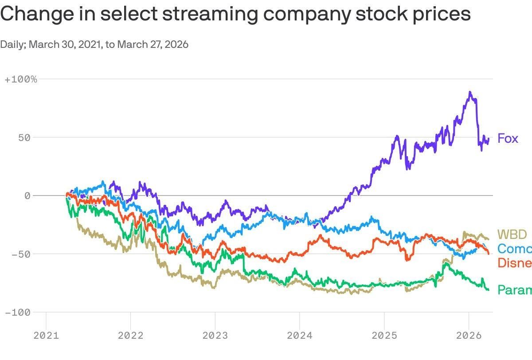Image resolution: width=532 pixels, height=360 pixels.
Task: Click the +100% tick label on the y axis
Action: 21,79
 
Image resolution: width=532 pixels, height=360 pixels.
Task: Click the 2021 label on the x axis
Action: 46,336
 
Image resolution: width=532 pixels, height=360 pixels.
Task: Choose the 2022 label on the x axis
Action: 130,336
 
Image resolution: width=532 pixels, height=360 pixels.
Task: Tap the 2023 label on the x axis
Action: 215,336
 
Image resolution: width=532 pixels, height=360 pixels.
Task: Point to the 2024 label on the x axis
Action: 300,336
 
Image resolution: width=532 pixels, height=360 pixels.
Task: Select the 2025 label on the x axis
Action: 384,336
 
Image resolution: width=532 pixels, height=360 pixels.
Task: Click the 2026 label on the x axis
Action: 469,336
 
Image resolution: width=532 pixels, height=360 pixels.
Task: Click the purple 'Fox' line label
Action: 508,138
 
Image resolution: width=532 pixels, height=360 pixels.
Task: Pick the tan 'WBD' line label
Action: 512,234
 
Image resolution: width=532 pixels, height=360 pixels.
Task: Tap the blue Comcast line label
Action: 514,249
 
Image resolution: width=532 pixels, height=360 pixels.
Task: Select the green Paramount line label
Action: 514,290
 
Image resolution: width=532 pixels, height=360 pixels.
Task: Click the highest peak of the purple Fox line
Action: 469,92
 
